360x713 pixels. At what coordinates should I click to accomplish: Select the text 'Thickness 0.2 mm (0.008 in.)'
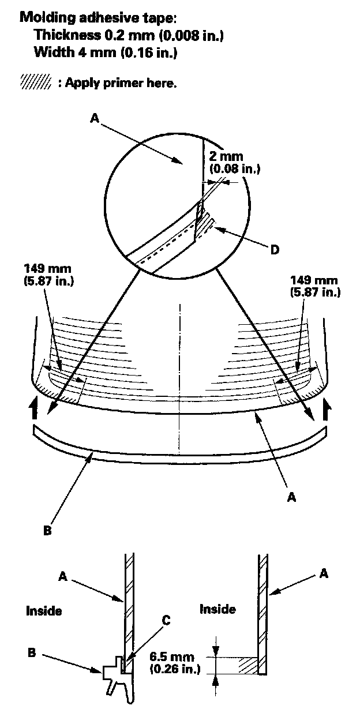(x=128, y=35)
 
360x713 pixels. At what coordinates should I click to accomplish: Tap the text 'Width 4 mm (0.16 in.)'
(x=105, y=54)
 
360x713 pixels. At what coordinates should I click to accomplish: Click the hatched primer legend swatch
(x=36, y=82)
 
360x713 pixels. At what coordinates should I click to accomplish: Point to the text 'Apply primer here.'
(x=121, y=82)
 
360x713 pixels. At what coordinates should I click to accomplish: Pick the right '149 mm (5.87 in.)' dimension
(x=315, y=286)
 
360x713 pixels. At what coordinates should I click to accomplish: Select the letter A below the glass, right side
(x=291, y=496)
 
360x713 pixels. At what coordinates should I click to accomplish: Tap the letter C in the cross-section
(x=166, y=621)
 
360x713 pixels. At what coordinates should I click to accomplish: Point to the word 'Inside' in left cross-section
(x=44, y=610)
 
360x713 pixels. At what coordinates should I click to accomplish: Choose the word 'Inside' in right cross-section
(x=217, y=609)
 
